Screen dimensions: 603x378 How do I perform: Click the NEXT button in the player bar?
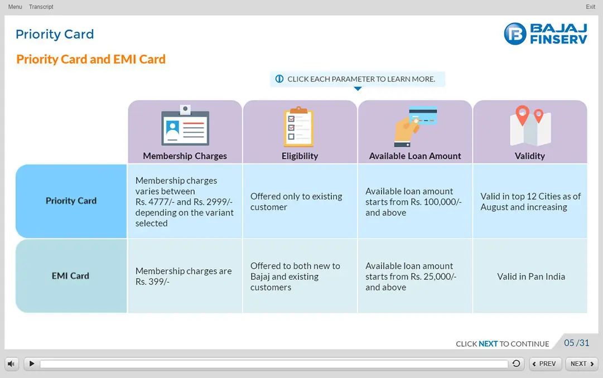[582, 364]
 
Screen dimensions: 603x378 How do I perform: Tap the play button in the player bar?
[32, 364]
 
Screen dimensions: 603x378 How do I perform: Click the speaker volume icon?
[11, 364]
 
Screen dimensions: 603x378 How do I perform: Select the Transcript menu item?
[41, 7]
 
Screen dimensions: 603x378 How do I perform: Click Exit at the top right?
[590, 7]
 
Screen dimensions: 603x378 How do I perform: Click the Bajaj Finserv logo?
[546, 34]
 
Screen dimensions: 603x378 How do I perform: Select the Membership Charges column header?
[185, 156]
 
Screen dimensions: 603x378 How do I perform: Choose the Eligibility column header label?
[300, 156]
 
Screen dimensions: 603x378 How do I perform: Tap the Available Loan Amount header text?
[415, 156]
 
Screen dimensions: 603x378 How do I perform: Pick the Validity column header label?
[530, 156]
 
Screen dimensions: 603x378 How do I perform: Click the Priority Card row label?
[71, 201]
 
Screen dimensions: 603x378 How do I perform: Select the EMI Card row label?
[70, 276]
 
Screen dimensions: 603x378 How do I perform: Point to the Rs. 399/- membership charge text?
[152, 282]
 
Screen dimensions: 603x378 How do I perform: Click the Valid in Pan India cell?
[531, 277]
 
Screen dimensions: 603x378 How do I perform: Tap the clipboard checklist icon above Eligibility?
[299, 127]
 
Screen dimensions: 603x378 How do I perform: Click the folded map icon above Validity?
[530, 125]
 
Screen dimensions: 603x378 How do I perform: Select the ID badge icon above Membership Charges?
[185, 125]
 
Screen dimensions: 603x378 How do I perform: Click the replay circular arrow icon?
[517, 364]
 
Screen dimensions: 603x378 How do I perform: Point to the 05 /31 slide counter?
[576, 343]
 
